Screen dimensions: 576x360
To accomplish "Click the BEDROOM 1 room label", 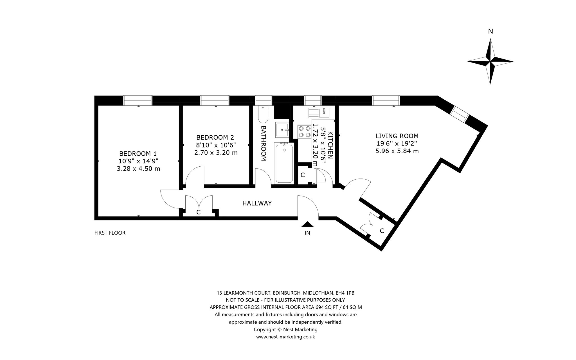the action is [138, 154].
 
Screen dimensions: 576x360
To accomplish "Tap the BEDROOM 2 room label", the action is [215, 137].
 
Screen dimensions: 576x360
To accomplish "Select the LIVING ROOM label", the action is [397, 136].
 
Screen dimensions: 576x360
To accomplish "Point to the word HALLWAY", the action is [257, 203].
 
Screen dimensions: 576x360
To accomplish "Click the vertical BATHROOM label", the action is [264, 143].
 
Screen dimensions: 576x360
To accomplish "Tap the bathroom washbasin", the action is [282, 130].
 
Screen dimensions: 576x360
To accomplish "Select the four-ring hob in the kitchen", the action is [304, 132].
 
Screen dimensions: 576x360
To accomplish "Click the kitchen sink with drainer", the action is [319, 113].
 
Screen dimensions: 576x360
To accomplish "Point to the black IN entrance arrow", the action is [307, 224].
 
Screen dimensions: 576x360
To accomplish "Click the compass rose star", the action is [490, 61].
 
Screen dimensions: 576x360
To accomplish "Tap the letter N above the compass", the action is [490, 32].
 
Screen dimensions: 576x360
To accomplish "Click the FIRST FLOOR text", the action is [110, 233].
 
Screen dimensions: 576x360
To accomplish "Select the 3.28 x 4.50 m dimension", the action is [138, 169].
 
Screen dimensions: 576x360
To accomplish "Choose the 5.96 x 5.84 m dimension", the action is [397, 151].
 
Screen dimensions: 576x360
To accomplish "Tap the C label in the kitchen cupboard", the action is [303, 175].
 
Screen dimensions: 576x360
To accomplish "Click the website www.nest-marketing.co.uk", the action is [285, 337].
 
